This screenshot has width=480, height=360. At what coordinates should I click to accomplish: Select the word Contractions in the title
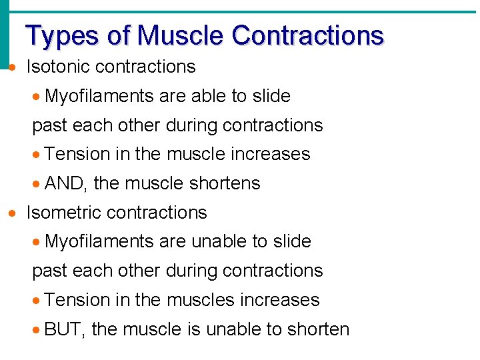coord(307,35)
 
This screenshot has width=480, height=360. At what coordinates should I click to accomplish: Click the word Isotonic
coord(57,67)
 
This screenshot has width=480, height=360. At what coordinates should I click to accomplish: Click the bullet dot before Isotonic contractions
coord(11,67)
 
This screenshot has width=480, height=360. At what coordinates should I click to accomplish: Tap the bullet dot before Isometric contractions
coord(11,213)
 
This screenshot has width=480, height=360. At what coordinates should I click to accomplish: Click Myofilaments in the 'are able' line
coord(99,96)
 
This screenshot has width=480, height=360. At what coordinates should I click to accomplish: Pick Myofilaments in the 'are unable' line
coord(99,241)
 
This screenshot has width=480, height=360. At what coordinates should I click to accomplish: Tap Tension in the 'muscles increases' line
coord(77,300)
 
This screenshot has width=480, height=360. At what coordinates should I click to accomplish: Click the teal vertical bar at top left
coord(5,33)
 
